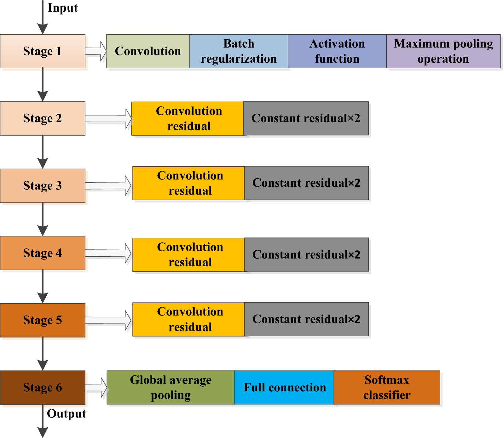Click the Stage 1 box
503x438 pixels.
pos(43,51)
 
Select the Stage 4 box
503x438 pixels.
pos(43,253)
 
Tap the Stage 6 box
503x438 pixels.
pos(43,387)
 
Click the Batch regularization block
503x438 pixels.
pos(239,51)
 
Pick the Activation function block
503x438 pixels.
pos(337,51)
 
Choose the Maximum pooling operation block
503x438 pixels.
pos(443,51)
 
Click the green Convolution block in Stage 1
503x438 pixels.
pos(148,51)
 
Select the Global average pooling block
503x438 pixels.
pos(171,387)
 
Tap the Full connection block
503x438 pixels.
pos(284,387)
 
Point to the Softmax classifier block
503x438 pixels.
pos(387,387)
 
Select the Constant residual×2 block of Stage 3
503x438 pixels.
pos(306,183)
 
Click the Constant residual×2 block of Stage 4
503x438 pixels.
pos(306,254)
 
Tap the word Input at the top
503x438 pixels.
pos(63,8)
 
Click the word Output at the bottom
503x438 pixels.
pos(66,414)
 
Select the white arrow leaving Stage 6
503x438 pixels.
pos(96,388)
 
